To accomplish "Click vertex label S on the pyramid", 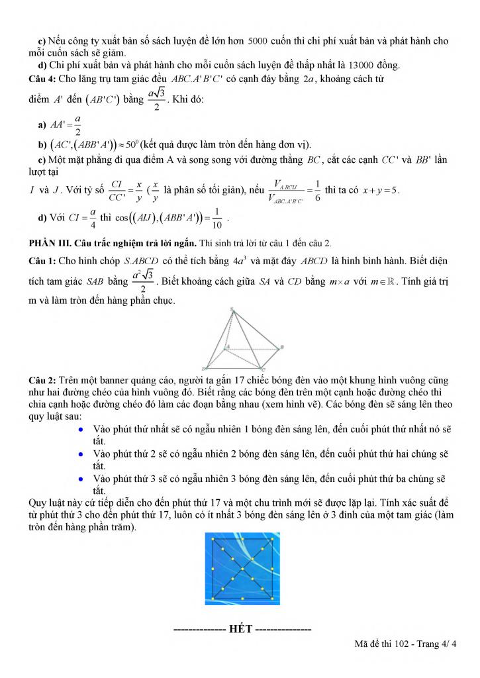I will tap(232, 309).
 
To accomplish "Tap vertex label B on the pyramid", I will tap(283, 347).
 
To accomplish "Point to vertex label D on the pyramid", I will tap(203, 368).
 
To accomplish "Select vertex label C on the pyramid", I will tap(264, 369).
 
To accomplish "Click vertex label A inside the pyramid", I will tap(228, 346).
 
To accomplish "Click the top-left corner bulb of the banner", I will tap(213, 540).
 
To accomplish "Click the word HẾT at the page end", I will tap(241, 629).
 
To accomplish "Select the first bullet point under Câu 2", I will tap(80, 429).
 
